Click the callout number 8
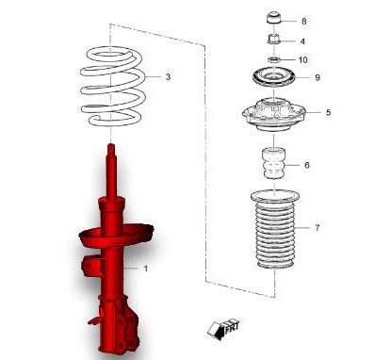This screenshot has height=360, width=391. (303, 22)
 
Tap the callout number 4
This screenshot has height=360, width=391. (302, 41)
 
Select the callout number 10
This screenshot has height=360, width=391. (303, 59)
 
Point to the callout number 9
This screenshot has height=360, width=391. (318, 77)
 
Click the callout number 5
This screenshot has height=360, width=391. (328, 112)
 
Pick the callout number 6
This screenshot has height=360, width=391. (307, 165)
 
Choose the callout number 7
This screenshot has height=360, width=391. (317, 227)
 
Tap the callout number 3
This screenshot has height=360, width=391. (168, 76)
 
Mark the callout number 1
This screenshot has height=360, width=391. (145, 269)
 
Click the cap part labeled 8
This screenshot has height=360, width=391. (273, 18)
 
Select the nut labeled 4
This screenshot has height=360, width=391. (273, 40)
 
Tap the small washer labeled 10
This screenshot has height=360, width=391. (274, 59)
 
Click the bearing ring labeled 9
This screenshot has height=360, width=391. (274, 78)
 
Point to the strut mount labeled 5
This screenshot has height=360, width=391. (274, 116)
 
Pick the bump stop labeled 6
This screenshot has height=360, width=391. (274, 163)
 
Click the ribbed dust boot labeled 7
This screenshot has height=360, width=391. (275, 229)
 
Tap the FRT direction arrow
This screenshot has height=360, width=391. (223, 329)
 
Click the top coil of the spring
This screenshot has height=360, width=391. (111, 56)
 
